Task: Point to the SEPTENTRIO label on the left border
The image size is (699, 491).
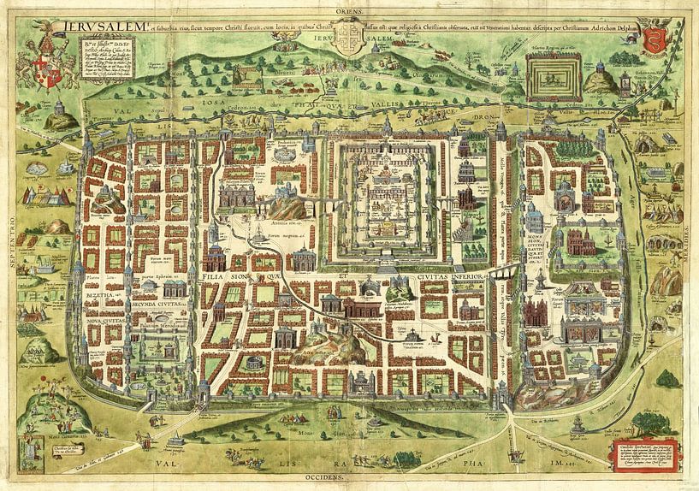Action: (x=9, y=248)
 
